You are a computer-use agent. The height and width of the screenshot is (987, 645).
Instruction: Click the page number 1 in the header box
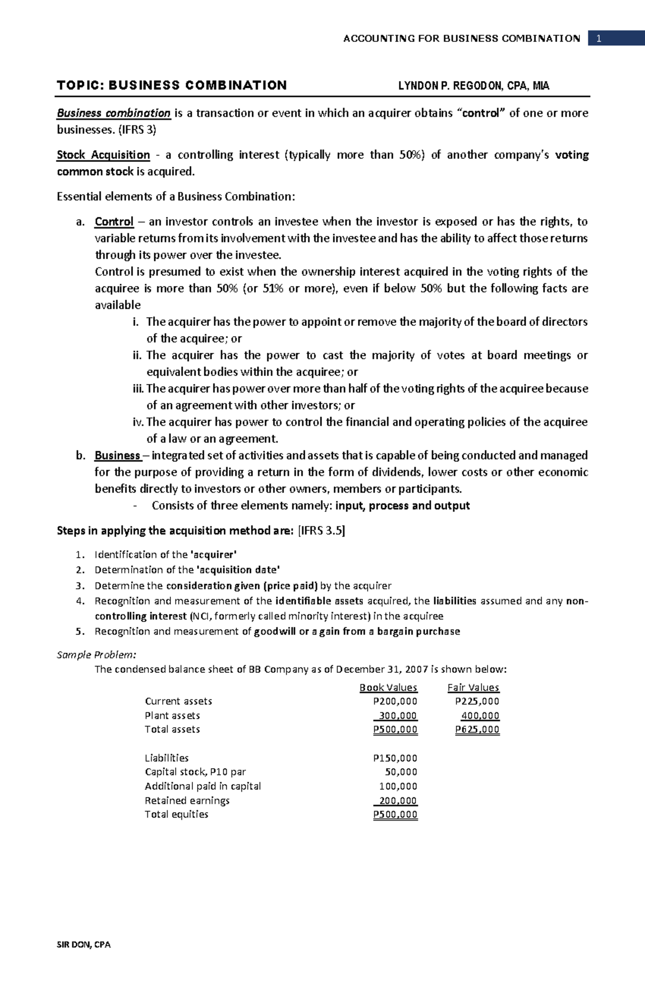(x=598, y=39)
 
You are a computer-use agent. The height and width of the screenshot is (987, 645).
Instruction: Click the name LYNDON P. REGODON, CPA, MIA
(x=473, y=86)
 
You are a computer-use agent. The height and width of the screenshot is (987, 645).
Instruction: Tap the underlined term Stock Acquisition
(x=103, y=155)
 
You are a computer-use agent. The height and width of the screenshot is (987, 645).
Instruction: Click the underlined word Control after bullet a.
(x=114, y=222)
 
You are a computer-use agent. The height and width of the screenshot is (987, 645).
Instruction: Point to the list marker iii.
(x=138, y=388)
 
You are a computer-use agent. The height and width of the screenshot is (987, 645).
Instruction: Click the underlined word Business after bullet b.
(x=117, y=456)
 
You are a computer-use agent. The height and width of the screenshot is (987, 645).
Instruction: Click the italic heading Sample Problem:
(x=96, y=655)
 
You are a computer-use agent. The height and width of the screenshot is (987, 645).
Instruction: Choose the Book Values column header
(x=388, y=687)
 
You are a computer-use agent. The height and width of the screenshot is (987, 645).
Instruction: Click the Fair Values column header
(x=473, y=687)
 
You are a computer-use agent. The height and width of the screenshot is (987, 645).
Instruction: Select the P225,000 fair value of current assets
(x=477, y=701)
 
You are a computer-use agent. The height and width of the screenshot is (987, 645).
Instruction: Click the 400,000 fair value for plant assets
(x=480, y=716)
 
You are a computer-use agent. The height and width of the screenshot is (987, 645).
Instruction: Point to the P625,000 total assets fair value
(x=477, y=730)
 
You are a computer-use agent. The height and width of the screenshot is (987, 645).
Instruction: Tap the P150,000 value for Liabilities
(x=395, y=758)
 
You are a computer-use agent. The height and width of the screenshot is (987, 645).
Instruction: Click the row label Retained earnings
(x=187, y=800)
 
